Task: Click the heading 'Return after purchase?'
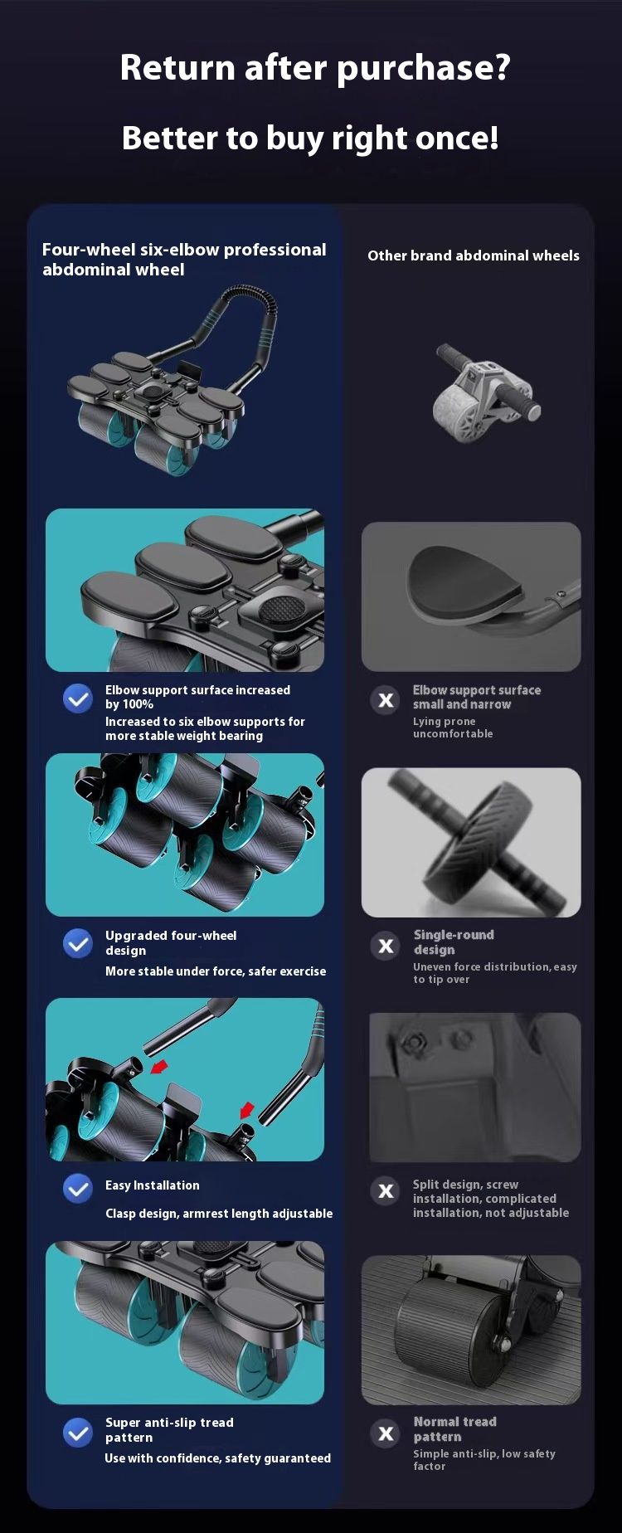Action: tap(314, 68)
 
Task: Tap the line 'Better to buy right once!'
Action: tap(310, 138)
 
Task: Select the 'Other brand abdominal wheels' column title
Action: tap(474, 255)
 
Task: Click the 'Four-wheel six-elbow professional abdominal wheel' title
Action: tap(184, 259)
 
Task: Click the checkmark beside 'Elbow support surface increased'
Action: tap(78, 698)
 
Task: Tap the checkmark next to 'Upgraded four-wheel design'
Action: tap(78, 943)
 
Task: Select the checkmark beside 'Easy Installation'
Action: tap(78, 1189)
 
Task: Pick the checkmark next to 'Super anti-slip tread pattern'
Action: tap(78, 1432)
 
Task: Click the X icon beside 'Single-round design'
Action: tap(386, 946)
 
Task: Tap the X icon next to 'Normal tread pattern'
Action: tap(386, 1433)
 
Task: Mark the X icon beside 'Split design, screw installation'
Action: tap(386, 1191)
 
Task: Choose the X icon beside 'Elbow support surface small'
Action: tap(386, 700)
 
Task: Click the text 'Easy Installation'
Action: tap(152, 1185)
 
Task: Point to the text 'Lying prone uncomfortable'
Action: tap(453, 728)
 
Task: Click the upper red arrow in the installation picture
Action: tap(159, 1066)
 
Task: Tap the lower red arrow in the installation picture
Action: tap(247, 1110)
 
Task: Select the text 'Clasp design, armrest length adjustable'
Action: tap(219, 1214)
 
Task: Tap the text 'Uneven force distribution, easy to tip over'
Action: tap(495, 973)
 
